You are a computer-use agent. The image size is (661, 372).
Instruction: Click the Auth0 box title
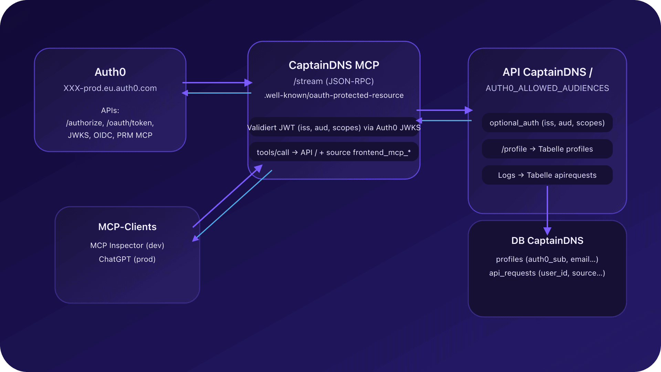110,72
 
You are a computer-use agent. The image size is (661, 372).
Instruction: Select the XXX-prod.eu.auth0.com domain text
110,88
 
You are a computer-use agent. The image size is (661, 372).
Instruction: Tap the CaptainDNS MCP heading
334,65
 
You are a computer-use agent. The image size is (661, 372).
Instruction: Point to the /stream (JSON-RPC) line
334,81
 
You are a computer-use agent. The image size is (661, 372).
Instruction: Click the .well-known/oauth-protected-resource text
334,95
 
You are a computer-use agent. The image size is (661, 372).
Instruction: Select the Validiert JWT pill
334,128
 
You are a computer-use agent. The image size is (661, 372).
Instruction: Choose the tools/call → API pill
334,153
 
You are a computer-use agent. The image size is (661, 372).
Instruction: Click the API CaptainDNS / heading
547,72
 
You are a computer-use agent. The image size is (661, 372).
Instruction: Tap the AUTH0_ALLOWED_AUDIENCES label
547,88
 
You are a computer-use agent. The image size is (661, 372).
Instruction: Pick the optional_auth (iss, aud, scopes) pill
547,123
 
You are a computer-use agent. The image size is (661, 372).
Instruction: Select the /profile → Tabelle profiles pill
547,149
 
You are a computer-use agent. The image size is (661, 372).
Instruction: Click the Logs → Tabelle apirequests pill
547,175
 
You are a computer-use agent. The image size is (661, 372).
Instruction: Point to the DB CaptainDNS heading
547,241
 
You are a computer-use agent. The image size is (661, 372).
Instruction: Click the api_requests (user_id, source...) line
547,273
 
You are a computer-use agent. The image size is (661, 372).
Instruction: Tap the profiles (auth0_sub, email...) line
547,259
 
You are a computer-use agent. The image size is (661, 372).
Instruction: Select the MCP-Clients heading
127,227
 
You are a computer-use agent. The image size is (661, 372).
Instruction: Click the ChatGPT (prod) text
127,259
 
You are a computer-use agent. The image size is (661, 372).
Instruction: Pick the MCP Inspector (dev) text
127,246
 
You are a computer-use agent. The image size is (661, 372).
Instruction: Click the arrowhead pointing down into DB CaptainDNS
547,231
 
